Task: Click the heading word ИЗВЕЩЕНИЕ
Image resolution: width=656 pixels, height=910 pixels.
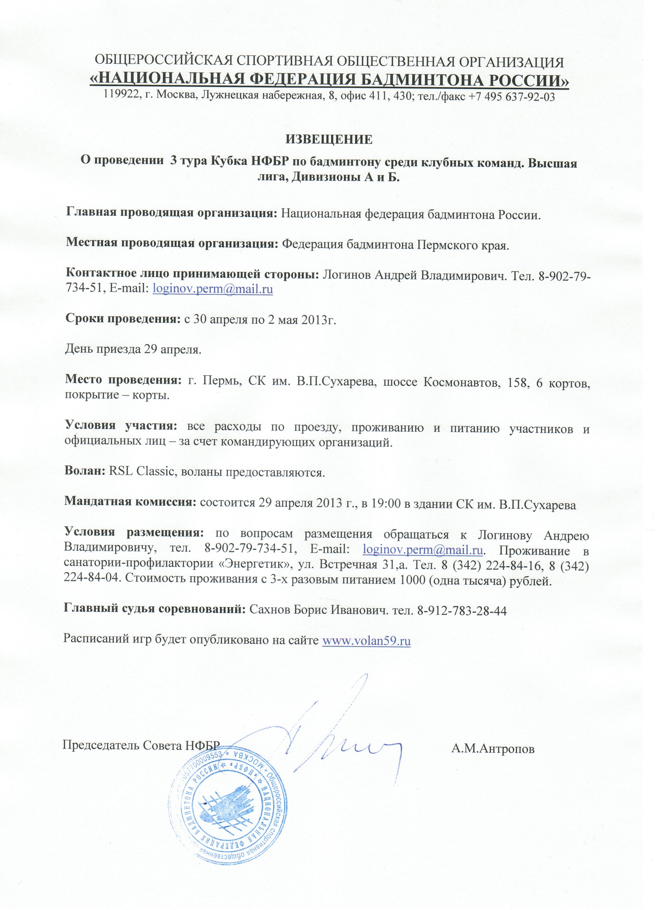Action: [329, 140]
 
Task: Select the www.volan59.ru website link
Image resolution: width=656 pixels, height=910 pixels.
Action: [367, 641]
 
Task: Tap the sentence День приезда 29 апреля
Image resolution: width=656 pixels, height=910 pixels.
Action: [133, 349]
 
